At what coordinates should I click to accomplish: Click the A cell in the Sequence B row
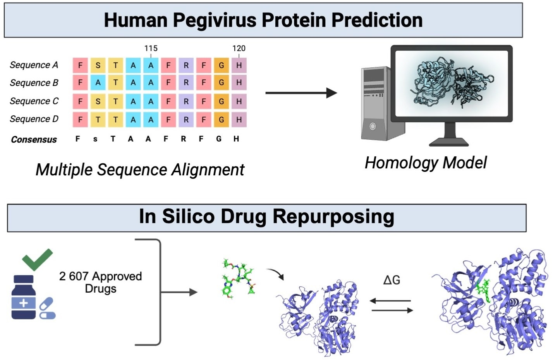(98, 82)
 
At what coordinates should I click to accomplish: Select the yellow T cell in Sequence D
(98, 120)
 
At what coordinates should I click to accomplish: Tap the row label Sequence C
(34, 101)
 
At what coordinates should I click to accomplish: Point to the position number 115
(151, 48)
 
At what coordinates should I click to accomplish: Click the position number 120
(239, 48)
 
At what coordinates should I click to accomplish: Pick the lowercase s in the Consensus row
(95, 139)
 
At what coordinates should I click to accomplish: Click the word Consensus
(34, 139)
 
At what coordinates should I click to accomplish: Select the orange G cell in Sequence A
(221, 65)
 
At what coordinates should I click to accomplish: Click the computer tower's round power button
(373, 126)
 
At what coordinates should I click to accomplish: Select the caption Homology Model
(426, 163)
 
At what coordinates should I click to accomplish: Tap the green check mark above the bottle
(37, 259)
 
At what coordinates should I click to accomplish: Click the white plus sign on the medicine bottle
(23, 303)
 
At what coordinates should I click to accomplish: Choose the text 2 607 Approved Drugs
(100, 282)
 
